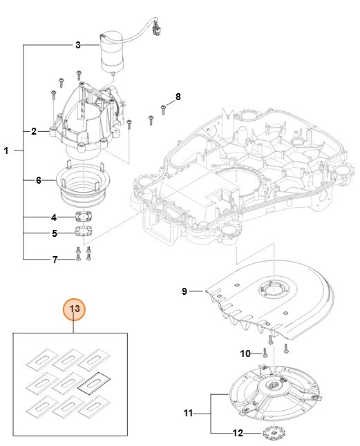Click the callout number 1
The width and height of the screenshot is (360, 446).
pos(7,151)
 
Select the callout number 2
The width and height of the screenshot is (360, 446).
pos(34,130)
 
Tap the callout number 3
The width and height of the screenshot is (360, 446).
pos(77,45)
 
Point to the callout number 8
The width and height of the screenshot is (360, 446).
pos(178,96)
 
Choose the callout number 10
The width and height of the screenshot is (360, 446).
pos(245,353)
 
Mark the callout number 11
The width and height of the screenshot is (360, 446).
pos(187,414)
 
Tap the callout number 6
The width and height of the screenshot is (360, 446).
pos(39,181)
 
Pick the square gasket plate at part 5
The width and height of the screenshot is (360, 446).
pos(84,233)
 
